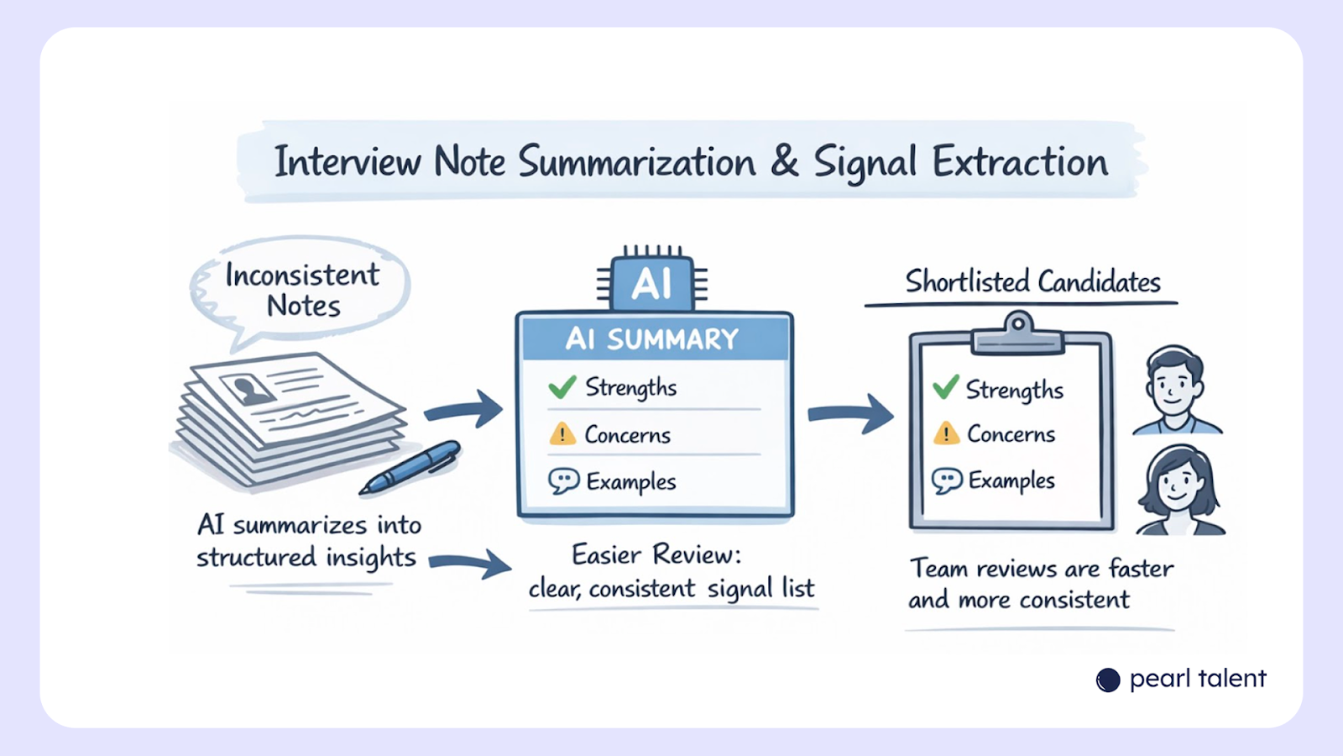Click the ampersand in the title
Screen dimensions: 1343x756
784,160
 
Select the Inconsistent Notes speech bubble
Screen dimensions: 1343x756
300,291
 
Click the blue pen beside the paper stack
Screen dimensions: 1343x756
410,467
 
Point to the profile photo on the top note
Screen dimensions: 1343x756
248,389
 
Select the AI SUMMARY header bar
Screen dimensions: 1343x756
654,339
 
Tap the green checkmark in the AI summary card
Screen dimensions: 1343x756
562,386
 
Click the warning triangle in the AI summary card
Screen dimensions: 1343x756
562,433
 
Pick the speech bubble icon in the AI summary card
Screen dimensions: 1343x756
563,480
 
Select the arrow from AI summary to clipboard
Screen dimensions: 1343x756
851,413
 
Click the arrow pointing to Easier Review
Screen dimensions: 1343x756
471,563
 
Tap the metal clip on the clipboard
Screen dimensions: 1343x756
1017,334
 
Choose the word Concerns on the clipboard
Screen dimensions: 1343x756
1011,433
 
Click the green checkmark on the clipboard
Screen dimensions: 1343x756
946,387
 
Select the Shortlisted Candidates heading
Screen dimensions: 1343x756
1032,281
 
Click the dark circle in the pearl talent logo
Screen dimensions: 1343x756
1108,680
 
